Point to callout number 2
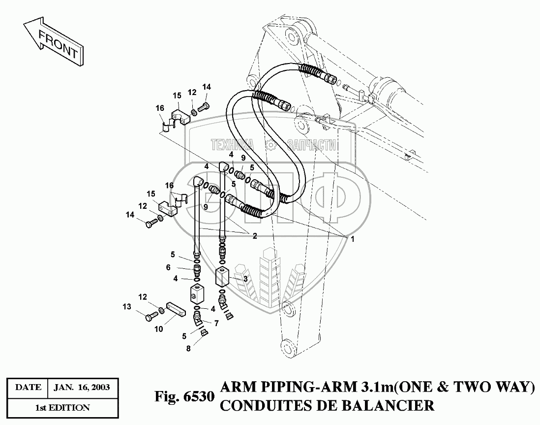255,236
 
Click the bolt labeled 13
150,317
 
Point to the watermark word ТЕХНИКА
232,145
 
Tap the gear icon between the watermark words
270,145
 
